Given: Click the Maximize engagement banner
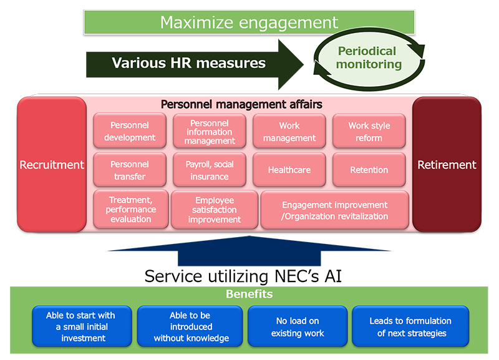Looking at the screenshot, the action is tap(249, 22).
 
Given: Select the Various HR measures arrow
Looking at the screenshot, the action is tap(195, 64).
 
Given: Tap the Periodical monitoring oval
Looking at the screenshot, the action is tap(369, 58).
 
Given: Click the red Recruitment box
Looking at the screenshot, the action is tap(52, 165).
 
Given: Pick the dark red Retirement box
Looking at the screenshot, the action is tap(447, 165).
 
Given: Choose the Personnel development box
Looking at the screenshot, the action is tap(130, 131).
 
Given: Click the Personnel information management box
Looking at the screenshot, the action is tap(210, 131).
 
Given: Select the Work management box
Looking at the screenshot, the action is tap(289, 131).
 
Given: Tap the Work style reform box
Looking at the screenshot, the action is tap(369, 131).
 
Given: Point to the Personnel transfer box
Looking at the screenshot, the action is tap(130, 170).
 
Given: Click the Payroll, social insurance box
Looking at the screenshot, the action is tap(210, 170).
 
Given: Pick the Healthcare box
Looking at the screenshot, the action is tap(289, 170).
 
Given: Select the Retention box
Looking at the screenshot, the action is tap(369, 170).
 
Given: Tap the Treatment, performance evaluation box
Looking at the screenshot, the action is tap(131, 210).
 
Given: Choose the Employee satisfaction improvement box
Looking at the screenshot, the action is tap(215, 210).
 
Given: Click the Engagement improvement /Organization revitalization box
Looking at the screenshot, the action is tap(335, 210).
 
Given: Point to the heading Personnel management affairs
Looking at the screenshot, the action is tap(241, 104).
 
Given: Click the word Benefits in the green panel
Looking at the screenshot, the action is tap(249, 294).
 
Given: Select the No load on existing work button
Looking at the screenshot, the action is tap(298, 326).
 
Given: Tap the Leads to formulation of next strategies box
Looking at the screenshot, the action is tap(410, 326).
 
